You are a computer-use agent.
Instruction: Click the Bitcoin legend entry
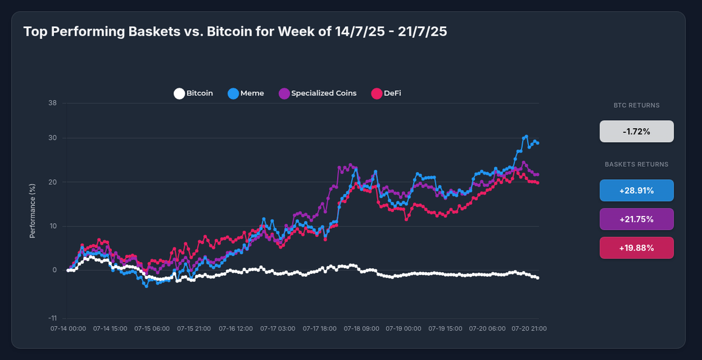coord(194,93)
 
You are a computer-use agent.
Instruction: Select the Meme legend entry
coord(246,93)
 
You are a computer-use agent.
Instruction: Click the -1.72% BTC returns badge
coord(636,132)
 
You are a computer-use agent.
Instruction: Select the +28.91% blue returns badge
coord(636,190)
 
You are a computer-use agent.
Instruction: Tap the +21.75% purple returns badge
coord(636,219)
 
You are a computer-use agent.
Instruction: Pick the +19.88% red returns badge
coord(636,248)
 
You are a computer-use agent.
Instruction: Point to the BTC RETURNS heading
coord(636,106)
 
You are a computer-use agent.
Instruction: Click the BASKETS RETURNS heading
coord(636,164)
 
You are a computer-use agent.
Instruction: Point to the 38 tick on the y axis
coord(53,104)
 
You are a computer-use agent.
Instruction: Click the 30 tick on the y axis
coord(53,138)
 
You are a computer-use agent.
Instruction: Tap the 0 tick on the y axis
coord(54,270)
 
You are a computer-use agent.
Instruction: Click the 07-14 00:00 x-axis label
coord(68,329)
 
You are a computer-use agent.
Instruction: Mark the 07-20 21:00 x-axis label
coord(530,329)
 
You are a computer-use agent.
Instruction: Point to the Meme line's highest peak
coord(526,136)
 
